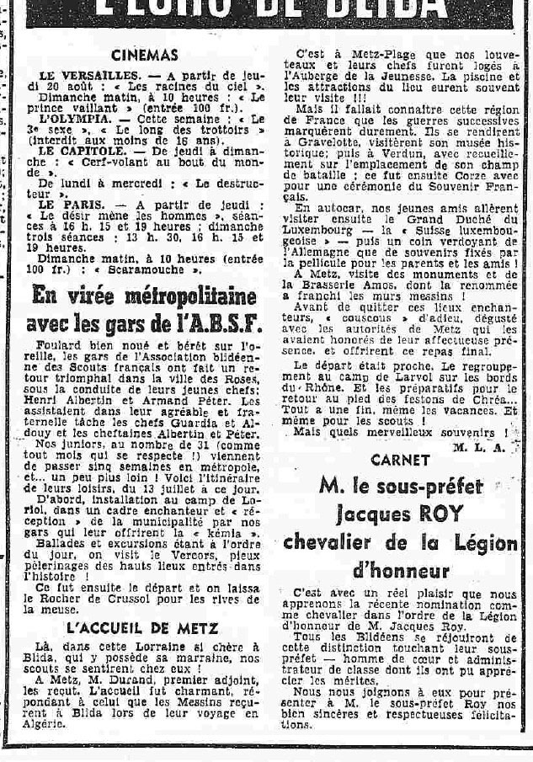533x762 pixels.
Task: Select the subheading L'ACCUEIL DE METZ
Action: click(x=142, y=627)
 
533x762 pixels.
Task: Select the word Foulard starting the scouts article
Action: click(x=64, y=348)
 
